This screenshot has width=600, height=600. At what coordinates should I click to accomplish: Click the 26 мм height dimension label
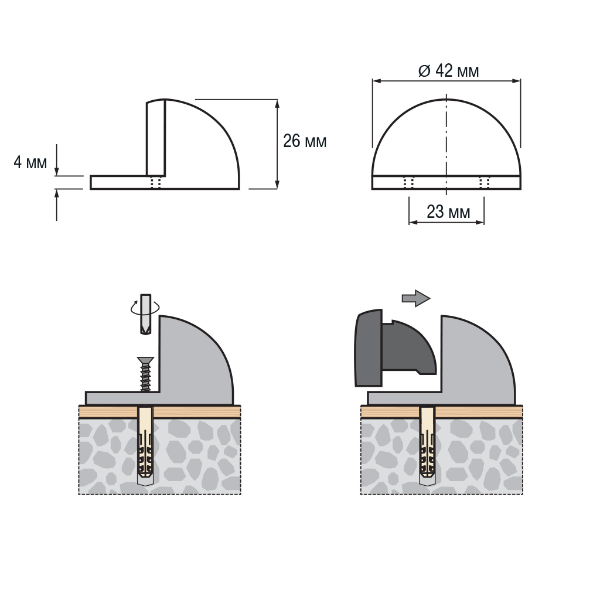(305, 141)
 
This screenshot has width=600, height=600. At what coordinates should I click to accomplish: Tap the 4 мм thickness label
(30, 162)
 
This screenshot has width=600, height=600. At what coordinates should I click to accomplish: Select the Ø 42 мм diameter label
(448, 71)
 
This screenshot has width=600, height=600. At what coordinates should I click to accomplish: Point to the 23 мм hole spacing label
(448, 212)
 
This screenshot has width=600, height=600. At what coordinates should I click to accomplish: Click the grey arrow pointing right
(416, 298)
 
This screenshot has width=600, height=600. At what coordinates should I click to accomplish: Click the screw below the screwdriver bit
(145, 374)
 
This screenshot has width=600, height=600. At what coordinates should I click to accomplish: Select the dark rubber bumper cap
(395, 348)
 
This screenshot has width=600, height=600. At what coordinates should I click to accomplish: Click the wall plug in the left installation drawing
(145, 446)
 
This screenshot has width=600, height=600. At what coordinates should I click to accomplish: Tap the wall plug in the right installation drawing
(427, 446)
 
